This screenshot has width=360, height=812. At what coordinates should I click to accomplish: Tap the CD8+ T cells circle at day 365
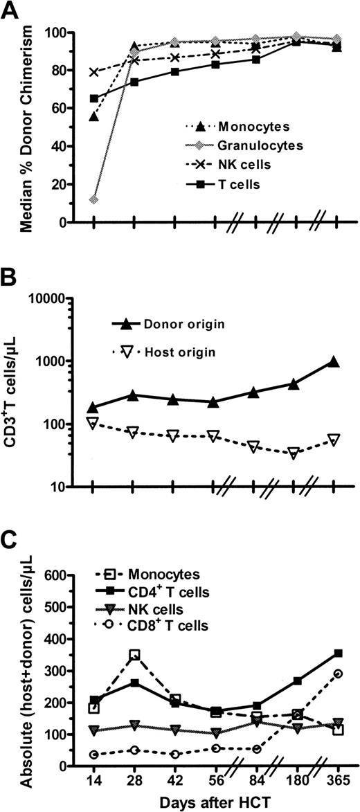pos(338,674)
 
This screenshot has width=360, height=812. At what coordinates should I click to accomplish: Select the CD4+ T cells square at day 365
pos(338,653)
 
